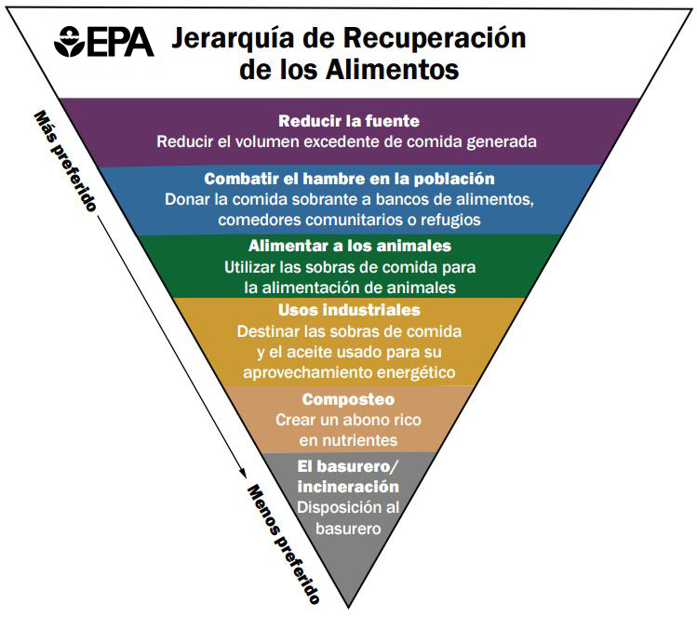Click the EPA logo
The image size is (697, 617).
click(x=105, y=41)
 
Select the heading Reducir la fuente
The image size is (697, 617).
click(x=349, y=121)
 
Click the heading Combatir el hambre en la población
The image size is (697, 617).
click(x=349, y=179)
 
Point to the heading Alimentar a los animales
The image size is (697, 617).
click(x=349, y=246)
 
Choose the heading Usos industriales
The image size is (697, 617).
click(x=349, y=310)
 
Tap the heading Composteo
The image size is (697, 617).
click(x=349, y=399)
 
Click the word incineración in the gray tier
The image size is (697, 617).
click(x=348, y=487)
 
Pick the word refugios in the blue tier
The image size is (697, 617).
click(x=449, y=220)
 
